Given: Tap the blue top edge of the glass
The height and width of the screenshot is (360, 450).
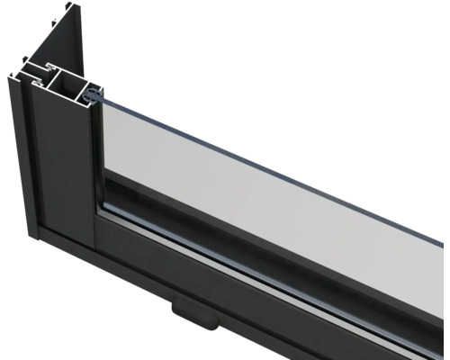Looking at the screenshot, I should click(270, 148).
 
